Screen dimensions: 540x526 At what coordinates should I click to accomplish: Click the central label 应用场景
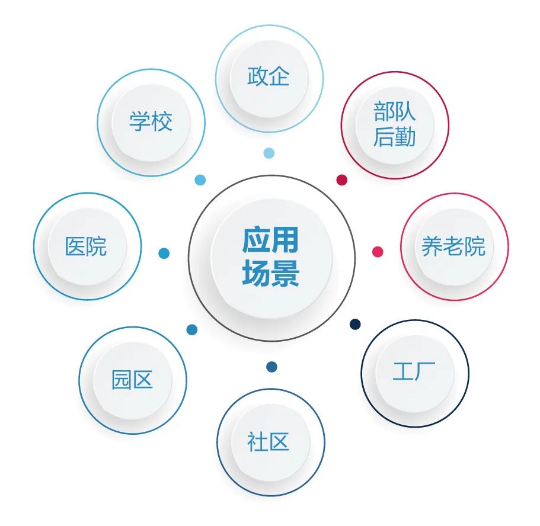click(271, 258)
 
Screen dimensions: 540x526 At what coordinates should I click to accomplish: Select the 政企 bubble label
click(269, 77)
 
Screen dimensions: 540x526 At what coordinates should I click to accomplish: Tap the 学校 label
click(151, 122)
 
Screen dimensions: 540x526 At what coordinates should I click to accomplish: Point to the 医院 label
click(87, 246)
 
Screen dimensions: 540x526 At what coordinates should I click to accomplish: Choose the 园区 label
click(132, 379)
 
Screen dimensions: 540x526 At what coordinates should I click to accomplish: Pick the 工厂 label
click(414, 372)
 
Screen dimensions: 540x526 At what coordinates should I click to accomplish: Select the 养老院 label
click(453, 246)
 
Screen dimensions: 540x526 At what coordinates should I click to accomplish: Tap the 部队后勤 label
click(394, 124)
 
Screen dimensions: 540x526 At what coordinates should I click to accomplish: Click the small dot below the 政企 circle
click(269, 153)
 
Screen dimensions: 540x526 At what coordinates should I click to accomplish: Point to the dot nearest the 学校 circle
click(200, 180)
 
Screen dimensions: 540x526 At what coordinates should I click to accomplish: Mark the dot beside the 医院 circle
click(164, 254)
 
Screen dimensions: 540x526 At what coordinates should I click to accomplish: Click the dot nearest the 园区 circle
click(192, 330)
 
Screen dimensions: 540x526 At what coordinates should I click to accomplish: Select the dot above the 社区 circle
click(271, 367)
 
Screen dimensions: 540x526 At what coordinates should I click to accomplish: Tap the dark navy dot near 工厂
click(355, 324)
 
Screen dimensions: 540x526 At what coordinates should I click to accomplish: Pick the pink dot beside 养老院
click(378, 252)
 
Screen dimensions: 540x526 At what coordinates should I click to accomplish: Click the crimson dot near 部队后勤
click(342, 180)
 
